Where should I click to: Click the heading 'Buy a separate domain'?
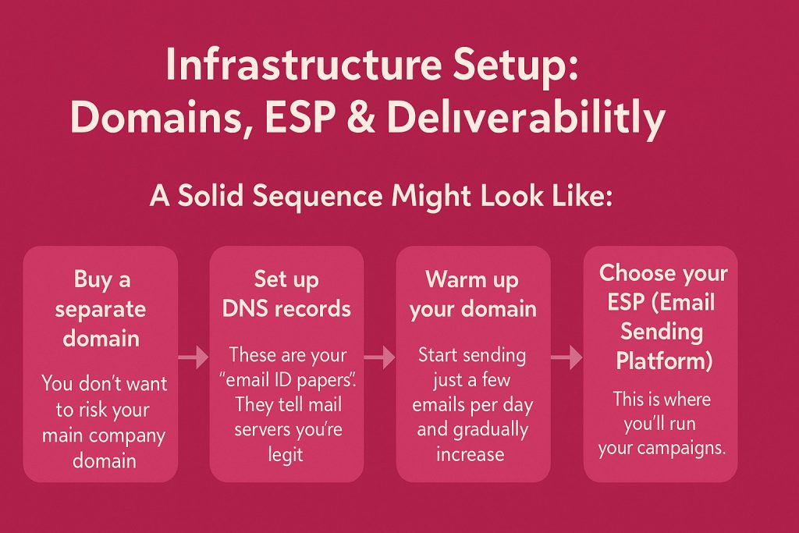101,308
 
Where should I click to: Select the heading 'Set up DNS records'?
286,293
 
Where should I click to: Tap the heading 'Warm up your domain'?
473,293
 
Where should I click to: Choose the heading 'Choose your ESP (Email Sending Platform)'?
662,317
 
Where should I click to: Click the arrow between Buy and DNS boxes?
194,357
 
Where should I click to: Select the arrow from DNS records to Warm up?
380,357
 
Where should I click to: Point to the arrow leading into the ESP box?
567,357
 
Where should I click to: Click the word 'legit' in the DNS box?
286,454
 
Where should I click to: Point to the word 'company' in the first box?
133,435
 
